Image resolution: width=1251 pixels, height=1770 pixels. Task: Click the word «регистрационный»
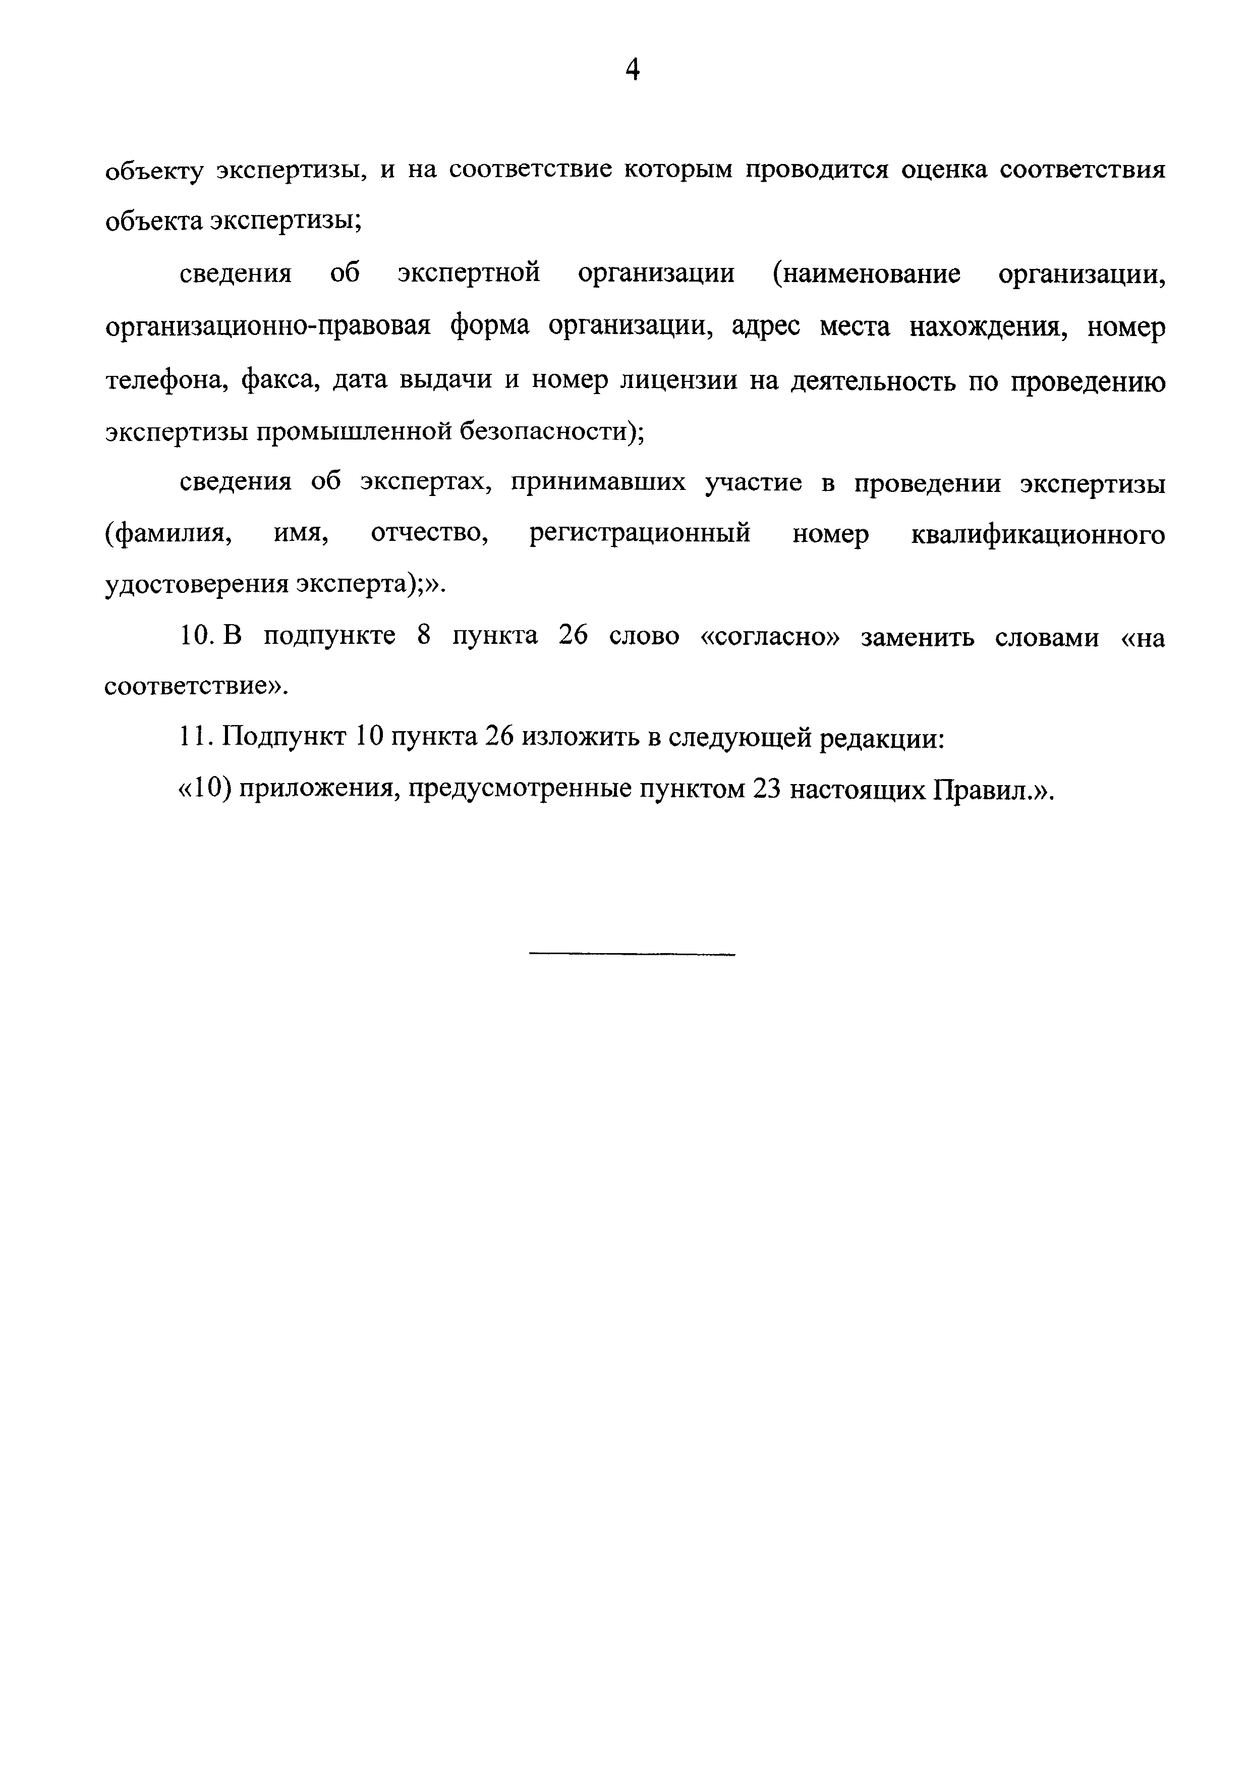[640, 534]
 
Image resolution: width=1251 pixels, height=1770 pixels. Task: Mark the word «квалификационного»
[1038, 534]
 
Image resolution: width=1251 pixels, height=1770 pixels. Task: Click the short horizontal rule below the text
[632, 955]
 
